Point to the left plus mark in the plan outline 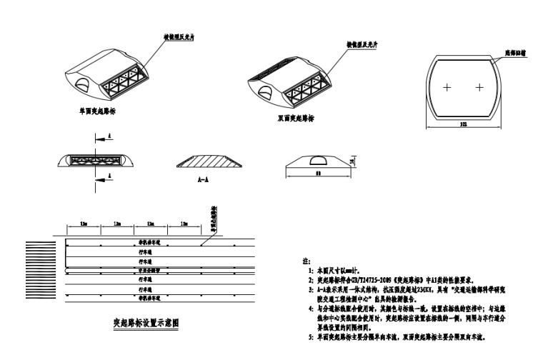447,88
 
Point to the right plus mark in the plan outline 479,88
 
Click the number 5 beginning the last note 310,336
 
